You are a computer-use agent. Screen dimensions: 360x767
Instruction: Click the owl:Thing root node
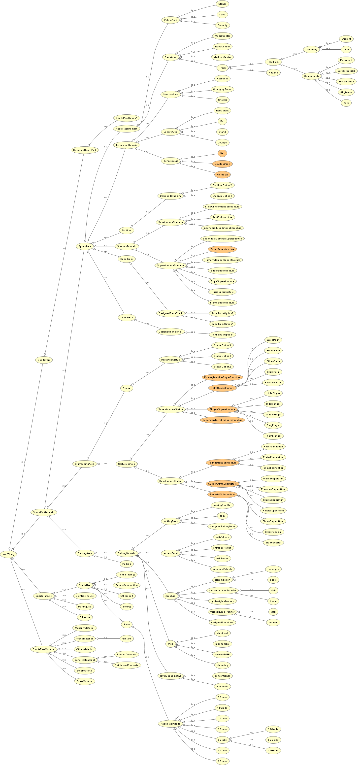click(x=8, y=554)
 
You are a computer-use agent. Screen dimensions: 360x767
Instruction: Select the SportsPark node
click(x=44, y=360)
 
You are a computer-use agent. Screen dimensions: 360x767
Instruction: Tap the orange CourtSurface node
click(x=222, y=164)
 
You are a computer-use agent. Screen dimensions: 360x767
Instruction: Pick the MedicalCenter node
click(x=222, y=57)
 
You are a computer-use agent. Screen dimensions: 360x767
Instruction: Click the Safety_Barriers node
click(x=346, y=71)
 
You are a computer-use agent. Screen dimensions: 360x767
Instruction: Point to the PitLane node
click(x=273, y=73)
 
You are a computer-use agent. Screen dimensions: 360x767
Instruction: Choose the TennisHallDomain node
click(x=127, y=145)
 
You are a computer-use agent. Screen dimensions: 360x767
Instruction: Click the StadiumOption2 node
click(x=222, y=185)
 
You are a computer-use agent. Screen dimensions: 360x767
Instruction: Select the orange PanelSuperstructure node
click(x=222, y=249)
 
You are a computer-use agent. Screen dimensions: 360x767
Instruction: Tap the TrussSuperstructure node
click(x=222, y=292)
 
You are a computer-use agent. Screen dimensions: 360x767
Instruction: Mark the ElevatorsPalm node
click(x=273, y=383)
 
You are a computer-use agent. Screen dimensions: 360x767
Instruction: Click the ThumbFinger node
click(x=273, y=436)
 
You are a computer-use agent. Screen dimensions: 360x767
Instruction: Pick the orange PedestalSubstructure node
click(x=222, y=494)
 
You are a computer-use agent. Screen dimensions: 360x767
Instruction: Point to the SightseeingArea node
click(x=85, y=464)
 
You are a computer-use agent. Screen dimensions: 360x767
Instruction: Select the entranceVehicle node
click(x=222, y=569)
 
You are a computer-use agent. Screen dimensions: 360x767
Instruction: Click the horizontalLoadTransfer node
click(x=222, y=590)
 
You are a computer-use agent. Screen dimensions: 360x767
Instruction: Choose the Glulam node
click(x=127, y=638)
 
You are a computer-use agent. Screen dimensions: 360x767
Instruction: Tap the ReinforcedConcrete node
click(x=127, y=665)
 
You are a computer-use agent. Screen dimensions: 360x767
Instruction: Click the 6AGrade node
click(x=273, y=750)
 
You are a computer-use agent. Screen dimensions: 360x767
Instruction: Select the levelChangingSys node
click(x=171, y=676)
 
